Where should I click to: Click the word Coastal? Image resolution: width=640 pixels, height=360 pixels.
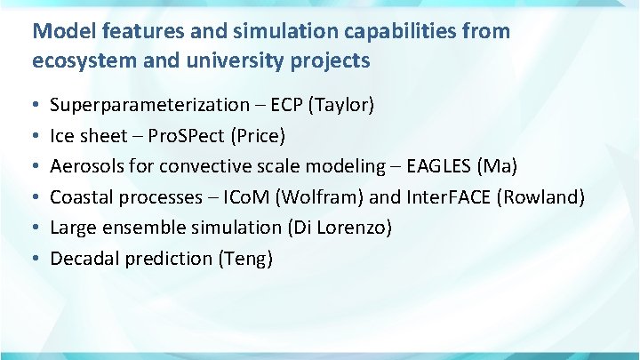[81, 197]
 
